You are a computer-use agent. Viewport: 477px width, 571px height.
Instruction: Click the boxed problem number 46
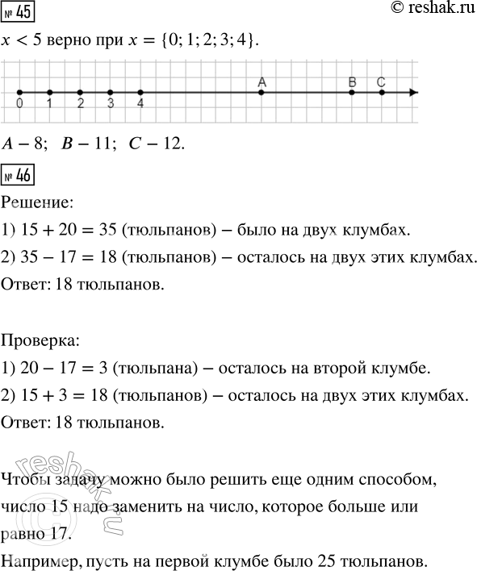click(x=18, y=173)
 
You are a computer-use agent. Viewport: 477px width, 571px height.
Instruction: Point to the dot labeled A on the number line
click(x=261, y=93)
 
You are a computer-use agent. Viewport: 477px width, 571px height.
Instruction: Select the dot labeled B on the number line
click(x=352, y=93)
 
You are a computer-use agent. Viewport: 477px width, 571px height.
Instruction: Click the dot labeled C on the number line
click(x=382, y=93)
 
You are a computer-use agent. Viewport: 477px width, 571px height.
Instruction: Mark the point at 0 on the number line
click(x=19, y=93)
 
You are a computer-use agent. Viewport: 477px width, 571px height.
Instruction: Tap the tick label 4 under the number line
click(x=140, y=104)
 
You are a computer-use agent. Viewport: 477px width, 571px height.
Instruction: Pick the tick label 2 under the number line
click(x=80, y=104)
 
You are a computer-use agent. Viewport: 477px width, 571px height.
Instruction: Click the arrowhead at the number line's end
click(x=412, y=93)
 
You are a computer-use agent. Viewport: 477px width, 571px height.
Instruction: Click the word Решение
click(x=39, y=200)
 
